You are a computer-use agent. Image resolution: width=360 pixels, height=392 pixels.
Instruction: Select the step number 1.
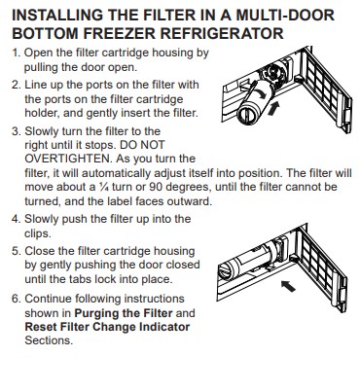16,53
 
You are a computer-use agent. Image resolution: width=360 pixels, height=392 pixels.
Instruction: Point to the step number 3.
16,131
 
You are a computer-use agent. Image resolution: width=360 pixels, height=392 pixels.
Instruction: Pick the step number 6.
16,299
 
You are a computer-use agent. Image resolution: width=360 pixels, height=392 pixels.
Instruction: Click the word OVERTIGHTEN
68,159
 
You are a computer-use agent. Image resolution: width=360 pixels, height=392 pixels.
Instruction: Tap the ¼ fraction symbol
103,187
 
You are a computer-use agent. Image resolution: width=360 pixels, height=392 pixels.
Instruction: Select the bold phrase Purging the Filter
124,313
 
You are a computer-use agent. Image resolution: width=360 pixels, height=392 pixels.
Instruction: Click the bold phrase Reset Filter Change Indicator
107,327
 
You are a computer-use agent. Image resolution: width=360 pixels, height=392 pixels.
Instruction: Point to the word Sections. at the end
49,340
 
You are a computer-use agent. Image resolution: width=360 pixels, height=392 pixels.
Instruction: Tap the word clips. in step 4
38,233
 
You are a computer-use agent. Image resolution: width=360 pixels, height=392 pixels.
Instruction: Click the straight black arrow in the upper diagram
273,109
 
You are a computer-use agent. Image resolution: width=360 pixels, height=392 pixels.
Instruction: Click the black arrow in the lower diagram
288,286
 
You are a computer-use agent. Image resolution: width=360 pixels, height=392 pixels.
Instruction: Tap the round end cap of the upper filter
248,116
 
